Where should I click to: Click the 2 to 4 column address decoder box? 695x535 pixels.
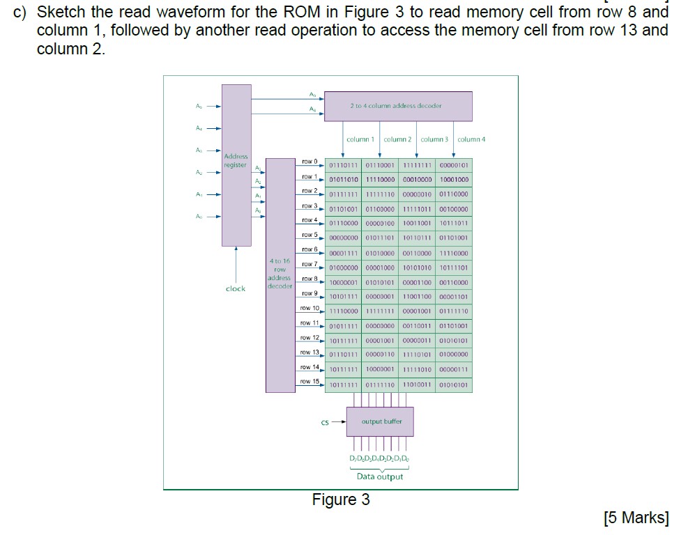pyautogui.click(x=398, y=106)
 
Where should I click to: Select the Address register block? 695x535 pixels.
pyautogui.click(x=236, y=164)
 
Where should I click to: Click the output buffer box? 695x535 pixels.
pyautogui.click(x=380, y=421)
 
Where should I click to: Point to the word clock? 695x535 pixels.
pyautogui.click(x=236, y=288)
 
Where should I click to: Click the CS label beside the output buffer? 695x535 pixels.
pyautogui.click(x=325, y=422)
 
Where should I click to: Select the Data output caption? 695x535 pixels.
pyautogui.click(x=380, y=476)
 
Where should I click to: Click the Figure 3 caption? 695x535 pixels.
pyautogui.click(x=341, y=500)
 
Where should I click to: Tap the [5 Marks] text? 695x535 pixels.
pyautogui.click(x=635, y=518)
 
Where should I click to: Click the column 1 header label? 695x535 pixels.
pyautogui.click(x=360, y=139)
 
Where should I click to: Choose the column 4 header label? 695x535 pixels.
pyautogui.click(x=472, y=139)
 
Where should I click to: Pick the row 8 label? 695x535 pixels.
pyautogui.click(x=310, y=279)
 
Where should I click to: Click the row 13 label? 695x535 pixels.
pyautogui.click(x=310, y=352)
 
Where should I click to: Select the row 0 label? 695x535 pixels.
pyautogui.click(x=310, y=162)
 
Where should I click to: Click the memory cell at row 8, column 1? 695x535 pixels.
pyautogui.click(x=343, y=282)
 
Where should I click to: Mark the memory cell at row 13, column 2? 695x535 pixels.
pyautogui.click(x=380, y=355)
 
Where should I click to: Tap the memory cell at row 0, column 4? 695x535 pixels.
pyautogui.click(x=455, y=165)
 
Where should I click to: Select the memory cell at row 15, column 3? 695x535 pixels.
pyautogui.click(x=417, y=385)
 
